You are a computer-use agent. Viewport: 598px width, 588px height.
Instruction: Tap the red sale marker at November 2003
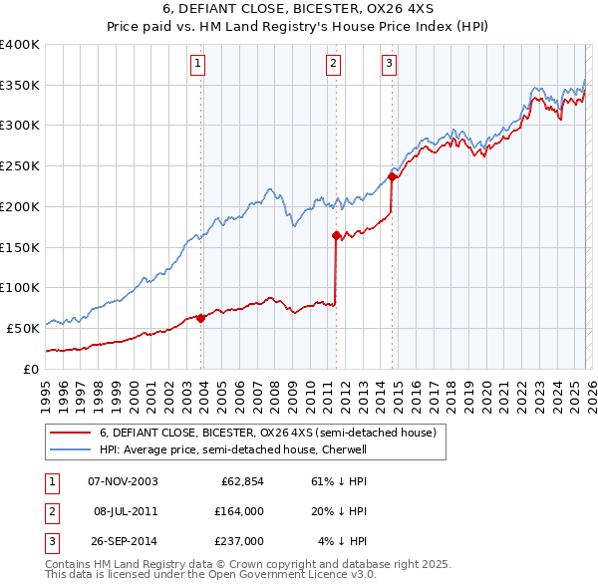[x=201, y=318]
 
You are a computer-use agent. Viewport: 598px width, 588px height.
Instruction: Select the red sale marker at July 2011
[x=336, y=236]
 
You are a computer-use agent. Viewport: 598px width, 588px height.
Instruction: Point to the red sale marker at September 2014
[x=393, y=177]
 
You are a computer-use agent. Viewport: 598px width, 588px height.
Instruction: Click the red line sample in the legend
[x=70, y=433]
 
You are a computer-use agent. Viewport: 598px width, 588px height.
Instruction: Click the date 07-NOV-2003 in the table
[x=123, y=481]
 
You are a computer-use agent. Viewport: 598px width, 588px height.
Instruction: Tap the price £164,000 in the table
[x=239, y=511]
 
